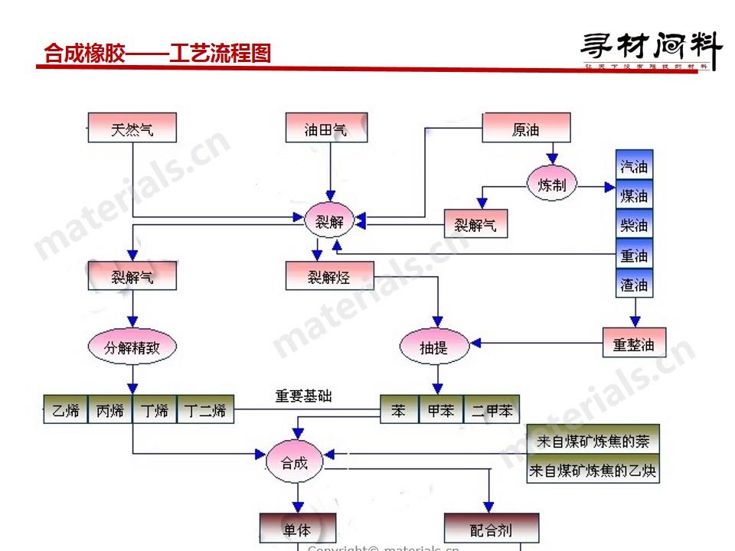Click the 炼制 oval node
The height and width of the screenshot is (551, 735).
pyautogui.click(x=552, y=185)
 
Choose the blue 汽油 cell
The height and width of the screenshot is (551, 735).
pyautogui.click(x=634, y=166)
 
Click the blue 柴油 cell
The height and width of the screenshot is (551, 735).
pyautogui.click(x=634, y=226)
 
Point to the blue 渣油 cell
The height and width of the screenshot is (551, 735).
pyautogui.click(x=634, y=285)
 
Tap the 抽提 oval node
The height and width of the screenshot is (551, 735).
pyautogui.click(x=433, y=347)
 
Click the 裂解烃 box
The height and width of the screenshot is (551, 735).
pyautogui.click(x=329, y=276)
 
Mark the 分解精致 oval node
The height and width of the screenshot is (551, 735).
pyautogui.click(x=132, y=347)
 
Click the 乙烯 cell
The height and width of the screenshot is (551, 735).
pyautogui.click(x=66, y=410)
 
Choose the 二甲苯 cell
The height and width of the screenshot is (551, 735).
pyautogui.click(x=492, y=410)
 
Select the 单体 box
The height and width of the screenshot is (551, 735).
pyautogui.click(x=297, y=528)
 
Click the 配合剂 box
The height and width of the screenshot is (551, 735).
pyautogui.click(x=491, y=529)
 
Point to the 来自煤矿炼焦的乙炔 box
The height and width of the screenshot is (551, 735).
pyautogui.click(x=593, y=471)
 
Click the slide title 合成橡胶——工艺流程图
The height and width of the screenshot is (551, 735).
pyautogui.click(x=158, y=54)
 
